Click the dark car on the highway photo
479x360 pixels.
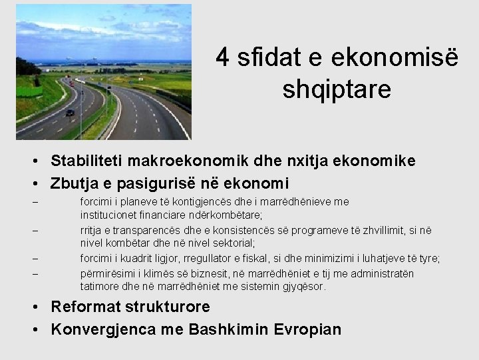pos(70,113)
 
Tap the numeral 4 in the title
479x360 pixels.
pos(223,59)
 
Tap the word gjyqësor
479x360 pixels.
pos(303,287)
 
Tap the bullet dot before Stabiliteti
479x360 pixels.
pos(41,161)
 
